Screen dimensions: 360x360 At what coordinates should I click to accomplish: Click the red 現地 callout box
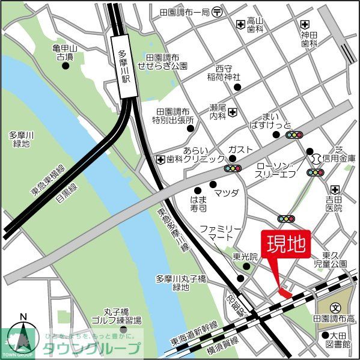(285, 244)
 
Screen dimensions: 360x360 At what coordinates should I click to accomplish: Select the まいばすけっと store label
(276, 120)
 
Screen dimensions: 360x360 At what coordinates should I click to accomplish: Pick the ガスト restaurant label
(240, 149)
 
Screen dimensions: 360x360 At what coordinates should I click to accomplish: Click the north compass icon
(23, 337)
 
